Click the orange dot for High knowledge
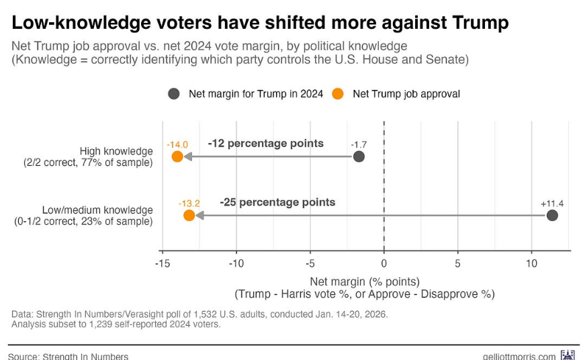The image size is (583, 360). pyautogui.click(x=177, y=156)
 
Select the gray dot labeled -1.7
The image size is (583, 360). pyautogui.click(x=359, y=156)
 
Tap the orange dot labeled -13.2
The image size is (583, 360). pyautogui.click(x=189, y=216)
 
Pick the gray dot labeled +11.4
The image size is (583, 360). pyautogui.click(x=552, y=216)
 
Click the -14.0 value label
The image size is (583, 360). pyautogui.click(x=178, y=144)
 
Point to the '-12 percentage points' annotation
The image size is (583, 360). pyautogui.click(x=265, y=143)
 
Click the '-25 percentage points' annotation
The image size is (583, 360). pyautogui.click(x=277, y=202)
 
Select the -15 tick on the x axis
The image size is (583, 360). pyautogui.click(x=162, y=263)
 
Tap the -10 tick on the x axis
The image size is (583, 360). pyautogui.click(x=236, y=263)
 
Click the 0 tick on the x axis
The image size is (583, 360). pyautogui.click(x=384, y=263)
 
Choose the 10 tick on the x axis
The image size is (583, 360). pyautogui.click(x=531, y=263)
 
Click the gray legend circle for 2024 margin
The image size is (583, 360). pyautogui.click(x=174, y=94)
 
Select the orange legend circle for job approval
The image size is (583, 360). pyautogui.click(x=338, y=94)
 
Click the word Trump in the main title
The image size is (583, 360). pyautogui.click(x=476, y=23)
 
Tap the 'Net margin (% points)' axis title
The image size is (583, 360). pyautogui.click(x=364, y=281)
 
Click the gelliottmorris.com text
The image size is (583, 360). pyautogui.click(x=519, y=356)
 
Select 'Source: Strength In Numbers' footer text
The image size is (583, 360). pyautogui.click(x=68, y=356)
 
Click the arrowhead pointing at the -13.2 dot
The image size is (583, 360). pyautogui.click(x=199, y=216)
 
